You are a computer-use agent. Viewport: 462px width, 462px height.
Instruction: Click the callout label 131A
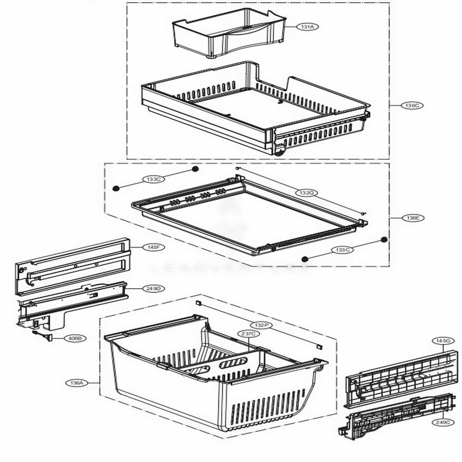click(307, 27)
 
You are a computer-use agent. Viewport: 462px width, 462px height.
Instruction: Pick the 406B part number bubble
click(73, 338)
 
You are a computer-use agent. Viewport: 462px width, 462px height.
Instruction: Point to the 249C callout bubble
click(442, 422)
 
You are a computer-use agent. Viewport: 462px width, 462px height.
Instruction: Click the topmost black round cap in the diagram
click(195, 169)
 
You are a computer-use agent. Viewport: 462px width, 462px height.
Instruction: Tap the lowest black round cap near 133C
click(305, 260)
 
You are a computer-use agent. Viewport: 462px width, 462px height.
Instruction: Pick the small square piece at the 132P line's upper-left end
click(197, 303)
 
